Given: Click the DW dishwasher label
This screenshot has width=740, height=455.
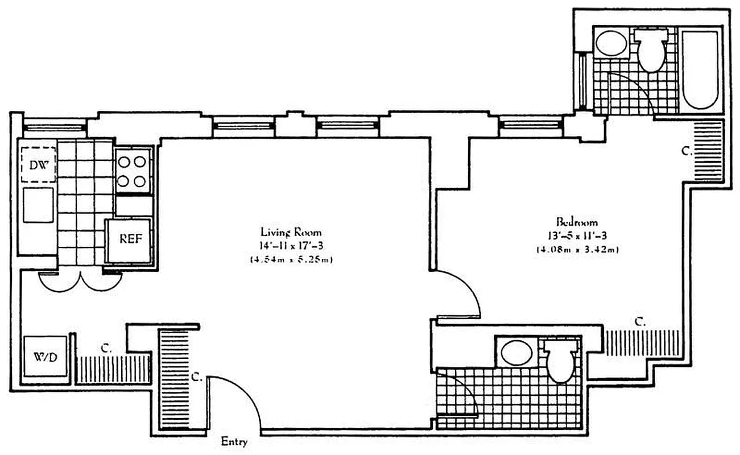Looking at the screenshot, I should point(39,164).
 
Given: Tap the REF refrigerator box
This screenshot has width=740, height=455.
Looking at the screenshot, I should point(130,239).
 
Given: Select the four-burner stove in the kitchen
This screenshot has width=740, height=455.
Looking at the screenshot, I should point(133,172).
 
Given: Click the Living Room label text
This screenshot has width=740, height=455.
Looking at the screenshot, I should point(291,232).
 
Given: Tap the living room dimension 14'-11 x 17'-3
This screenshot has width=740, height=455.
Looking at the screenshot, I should point(291,246).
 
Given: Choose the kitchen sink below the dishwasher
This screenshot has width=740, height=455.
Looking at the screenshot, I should point(38,205).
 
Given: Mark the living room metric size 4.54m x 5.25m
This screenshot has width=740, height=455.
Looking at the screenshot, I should point(291,260).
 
